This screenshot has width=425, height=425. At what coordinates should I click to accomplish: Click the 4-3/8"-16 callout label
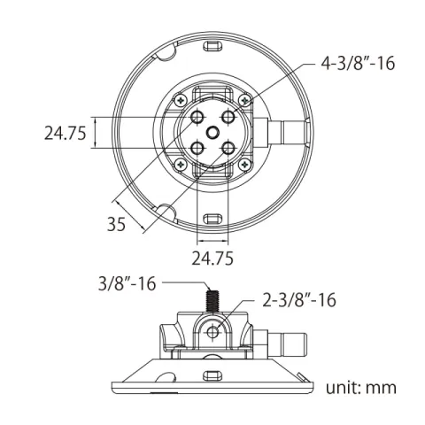pyautogui.click(x=358, y=64)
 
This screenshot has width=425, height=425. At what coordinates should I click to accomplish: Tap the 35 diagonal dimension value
pyautogui.click(x=116, y=224)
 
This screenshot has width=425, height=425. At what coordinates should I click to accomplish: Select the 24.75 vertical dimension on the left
pyautogui.click(x=66, y=133)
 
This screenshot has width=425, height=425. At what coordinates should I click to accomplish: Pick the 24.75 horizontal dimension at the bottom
pyautogui.click(x=212, y=259)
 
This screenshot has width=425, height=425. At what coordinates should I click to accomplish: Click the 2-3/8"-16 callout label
pyautogui.click(x=299, y=300)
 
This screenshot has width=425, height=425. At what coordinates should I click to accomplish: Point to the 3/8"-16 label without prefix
pyautogui.click(x=127, y=283)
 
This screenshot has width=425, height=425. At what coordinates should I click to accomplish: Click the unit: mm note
pyautogui.click(x=361, y=387)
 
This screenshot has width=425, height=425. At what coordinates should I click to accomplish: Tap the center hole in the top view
pyautogui.click(x=212, y=133)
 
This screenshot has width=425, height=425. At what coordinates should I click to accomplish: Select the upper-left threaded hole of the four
pyautogui.click(x=197, y=117)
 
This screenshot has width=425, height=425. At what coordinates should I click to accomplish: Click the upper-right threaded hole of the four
pyautogui.click(x=228, y=117)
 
